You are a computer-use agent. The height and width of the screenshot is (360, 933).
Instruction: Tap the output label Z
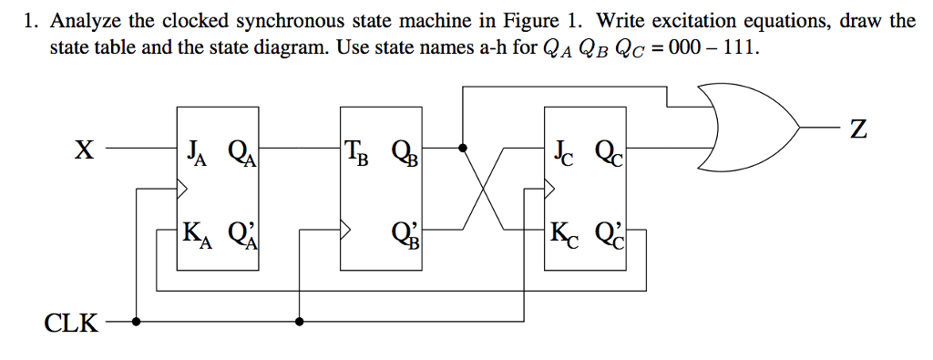click(x=856, y=130)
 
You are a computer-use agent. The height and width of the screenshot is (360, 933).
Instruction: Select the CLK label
click(x=72, y=323)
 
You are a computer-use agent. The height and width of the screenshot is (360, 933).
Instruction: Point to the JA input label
click(x=196, y=150)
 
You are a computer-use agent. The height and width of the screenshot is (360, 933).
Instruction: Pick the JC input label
click(x=563, y=150)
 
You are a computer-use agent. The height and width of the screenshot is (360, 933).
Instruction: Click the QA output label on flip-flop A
click(x=241, y=150)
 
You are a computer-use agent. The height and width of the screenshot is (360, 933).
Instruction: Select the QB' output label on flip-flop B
click(x=405, y=234)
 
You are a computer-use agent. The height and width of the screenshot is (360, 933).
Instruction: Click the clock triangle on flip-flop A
click(x=182, y=190)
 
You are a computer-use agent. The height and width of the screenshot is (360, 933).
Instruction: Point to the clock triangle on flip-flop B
click(x=344, y=230)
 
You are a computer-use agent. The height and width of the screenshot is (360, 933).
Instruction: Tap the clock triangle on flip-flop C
click(x=549, y=190)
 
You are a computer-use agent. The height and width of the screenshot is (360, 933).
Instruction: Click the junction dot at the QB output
click(x=463, y=147)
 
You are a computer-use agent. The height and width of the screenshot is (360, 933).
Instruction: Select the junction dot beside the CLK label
click(x=136, y=321)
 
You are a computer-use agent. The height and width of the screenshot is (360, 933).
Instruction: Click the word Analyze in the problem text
click(x=83, y=21)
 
